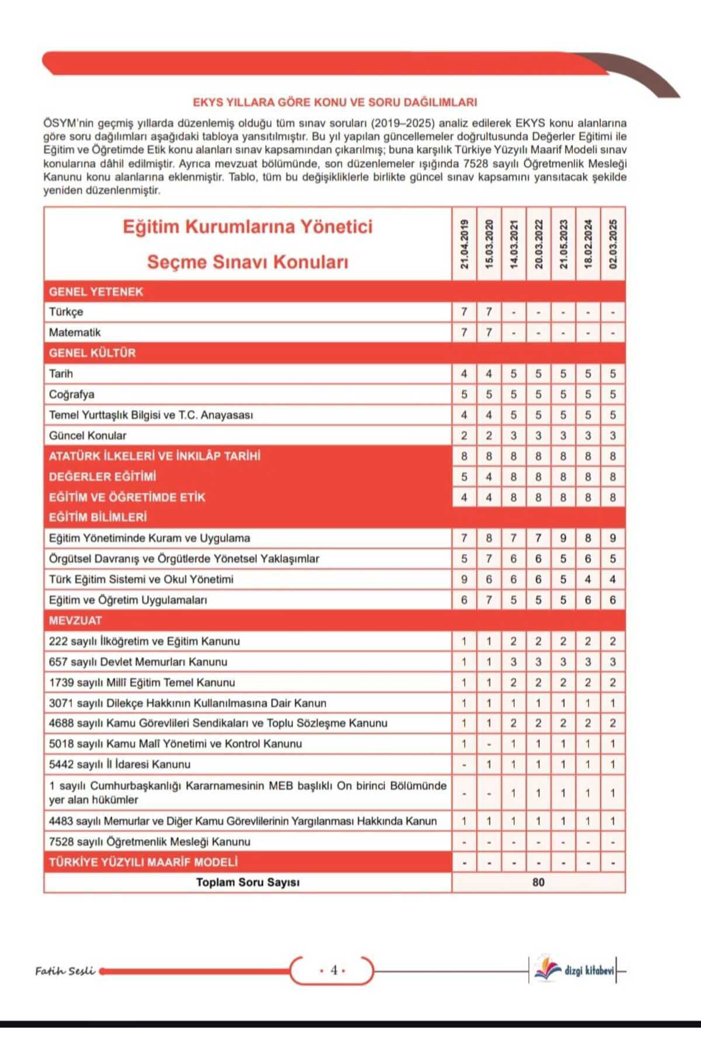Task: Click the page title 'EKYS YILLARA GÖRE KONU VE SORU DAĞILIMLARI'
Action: pyautogui.click(x=335, y=102)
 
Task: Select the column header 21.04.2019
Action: pyautogui.click(x=464, y=244)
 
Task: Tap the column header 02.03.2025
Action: pyautogui.click(x=613, y=244)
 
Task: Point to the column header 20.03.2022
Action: pyautogui.click(x=539, y=244)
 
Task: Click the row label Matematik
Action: pyautogui.click(x=75, y=332)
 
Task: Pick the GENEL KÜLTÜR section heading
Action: pyautogui.click(x=92, y=353)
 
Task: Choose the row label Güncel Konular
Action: pyautogui.click(x=88, y=436)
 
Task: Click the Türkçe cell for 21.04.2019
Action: pyautogui.click(x=464, y=312)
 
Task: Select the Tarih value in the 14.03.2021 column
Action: pyautogui.click(x=513, y=374)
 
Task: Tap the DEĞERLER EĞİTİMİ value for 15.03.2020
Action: pyautogui.click(x=489, y=476)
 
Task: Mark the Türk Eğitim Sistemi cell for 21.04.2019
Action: pyautogui.click(x=464, y=579)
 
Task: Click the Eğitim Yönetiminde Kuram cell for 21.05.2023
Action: pyautogui.click(x=563, y=538)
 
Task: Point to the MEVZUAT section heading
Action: pyautogui.click(x=75, y=620)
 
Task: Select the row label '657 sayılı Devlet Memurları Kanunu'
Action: pyautogui.click(x=138, y=662)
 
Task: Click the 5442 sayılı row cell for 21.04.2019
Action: pyautogui.click(x=464, y=764)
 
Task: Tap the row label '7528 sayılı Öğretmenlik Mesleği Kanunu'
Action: pyautogui.click(x=150, y=841)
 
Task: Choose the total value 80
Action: pyautogui.click(x=539, y=882)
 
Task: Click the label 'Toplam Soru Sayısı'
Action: pyautogui.click(x=248, y=882)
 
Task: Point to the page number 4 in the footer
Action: pyautogui.click(x=334, y=970)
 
